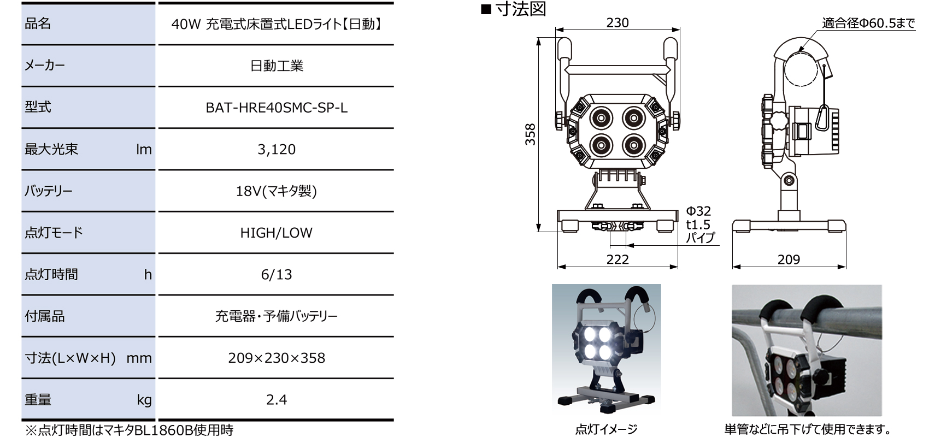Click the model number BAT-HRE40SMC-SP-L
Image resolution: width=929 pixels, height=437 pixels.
[277, 108]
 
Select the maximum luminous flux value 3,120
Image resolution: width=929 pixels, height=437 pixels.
[277, 149]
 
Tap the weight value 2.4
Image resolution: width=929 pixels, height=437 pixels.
[277, 400]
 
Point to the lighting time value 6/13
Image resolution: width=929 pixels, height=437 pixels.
[277, 274]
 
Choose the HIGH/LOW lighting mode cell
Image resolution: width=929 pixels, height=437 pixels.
[277, 233]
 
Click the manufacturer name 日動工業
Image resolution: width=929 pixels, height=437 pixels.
[277, 66]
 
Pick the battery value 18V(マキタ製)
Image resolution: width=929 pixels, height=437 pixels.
[277, 191]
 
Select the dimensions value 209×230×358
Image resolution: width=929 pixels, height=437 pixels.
[277, 358]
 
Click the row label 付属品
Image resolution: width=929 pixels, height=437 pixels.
[45, 316]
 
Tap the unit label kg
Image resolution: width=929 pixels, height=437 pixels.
[144, 400]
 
